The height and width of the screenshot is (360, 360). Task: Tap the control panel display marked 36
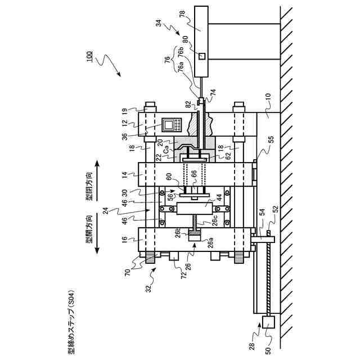pos(170,125)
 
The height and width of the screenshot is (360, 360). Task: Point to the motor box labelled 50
pos(268,323)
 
